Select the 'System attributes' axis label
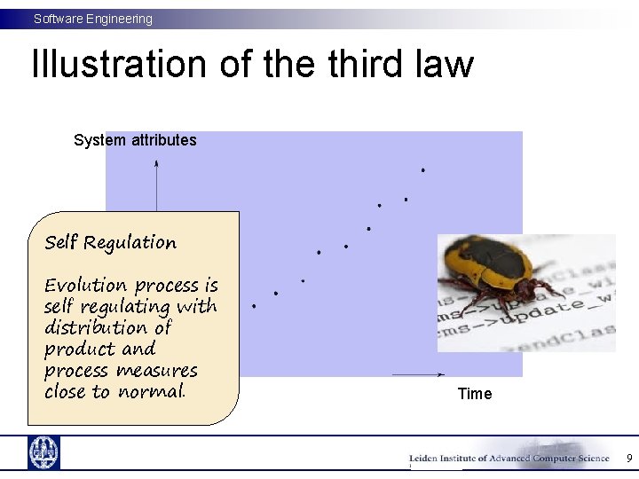click(135, 140)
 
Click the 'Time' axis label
click(475, 394)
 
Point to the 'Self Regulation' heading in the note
click(110, 242)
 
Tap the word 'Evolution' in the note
click(86, 286)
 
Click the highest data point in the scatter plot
click(423, 169)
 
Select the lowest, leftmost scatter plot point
click(254, 306)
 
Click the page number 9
click(629, 459)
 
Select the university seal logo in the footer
click(43, 452)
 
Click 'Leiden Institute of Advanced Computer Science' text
click(509, 459)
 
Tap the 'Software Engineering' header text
click(93, 19)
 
